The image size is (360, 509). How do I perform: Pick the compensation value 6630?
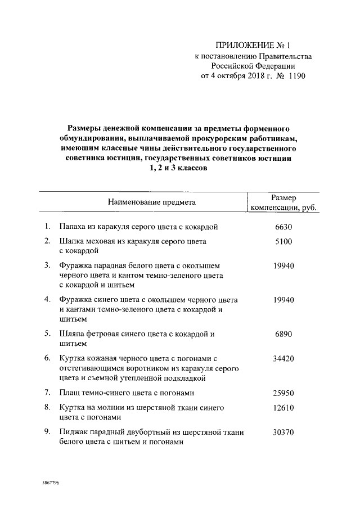(283, 227)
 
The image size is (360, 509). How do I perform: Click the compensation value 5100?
(283, 241)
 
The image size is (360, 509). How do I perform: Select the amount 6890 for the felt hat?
(283, 334)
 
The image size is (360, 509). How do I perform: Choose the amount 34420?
(283, 358)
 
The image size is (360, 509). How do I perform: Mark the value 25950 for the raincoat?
(283, 393)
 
